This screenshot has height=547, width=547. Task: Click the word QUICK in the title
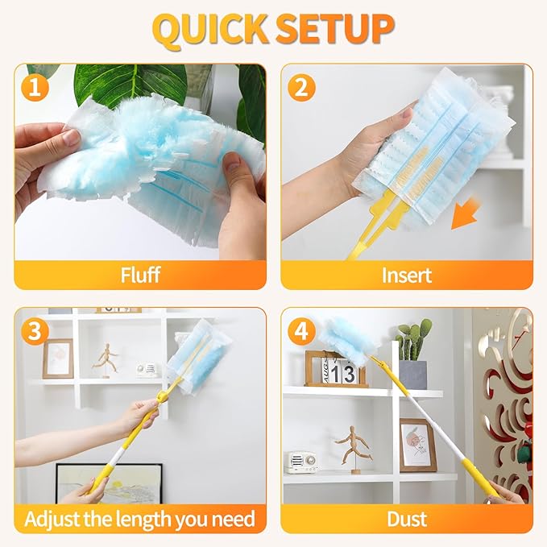pos(210,29)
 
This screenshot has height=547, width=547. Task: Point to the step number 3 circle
pos(34,330)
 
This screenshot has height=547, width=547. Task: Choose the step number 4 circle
pos(301,330)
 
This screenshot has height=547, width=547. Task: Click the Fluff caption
pos(139,276)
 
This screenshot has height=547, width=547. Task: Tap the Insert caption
pos(406,276)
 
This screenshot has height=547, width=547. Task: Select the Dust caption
pos(406,518)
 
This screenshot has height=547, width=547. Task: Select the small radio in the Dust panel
pos(300,462)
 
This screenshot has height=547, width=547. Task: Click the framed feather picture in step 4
pos(417,445)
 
